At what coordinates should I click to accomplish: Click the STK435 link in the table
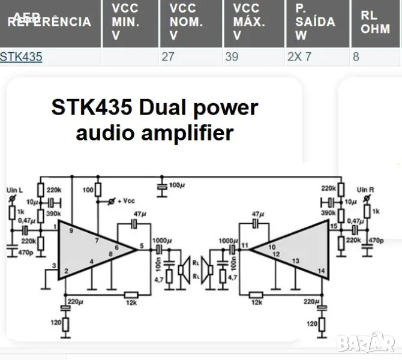coord(21,57)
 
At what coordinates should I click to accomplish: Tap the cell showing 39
coord(232,57)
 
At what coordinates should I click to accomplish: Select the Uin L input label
coord(13,190)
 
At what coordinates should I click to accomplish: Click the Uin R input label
coord(365,190)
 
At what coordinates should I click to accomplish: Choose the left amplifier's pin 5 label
coord(141,245)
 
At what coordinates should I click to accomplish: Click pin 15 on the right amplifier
coord(334,226)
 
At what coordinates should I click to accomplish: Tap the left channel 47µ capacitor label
coord(140,214)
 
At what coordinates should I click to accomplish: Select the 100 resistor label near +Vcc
coord(88,190)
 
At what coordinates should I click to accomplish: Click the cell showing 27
coord(168,57)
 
